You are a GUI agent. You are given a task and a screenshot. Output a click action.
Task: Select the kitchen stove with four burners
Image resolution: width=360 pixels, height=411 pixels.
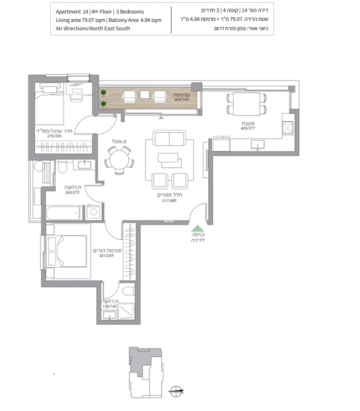point(288,128)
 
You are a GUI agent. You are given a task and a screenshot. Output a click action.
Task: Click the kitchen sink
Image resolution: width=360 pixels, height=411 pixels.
point(258,144)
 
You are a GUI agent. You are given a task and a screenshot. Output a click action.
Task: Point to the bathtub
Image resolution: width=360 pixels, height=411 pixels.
point(63,212)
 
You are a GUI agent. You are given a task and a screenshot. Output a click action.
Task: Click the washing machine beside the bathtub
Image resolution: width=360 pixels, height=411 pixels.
point(93,212)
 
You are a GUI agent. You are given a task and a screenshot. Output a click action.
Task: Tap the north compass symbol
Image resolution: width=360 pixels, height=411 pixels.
point(176,392)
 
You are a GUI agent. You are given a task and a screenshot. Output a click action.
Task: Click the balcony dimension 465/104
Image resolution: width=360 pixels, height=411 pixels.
point(181,100)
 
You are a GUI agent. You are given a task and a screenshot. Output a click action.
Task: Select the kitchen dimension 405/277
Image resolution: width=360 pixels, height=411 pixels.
point(248,128)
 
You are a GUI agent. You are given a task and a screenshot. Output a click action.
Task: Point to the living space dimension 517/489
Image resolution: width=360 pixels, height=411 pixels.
point(169,200)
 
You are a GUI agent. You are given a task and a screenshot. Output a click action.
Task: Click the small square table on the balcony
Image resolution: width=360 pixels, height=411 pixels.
point(144,95)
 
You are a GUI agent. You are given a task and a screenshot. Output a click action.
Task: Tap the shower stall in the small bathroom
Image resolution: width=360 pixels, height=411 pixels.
point(127,311)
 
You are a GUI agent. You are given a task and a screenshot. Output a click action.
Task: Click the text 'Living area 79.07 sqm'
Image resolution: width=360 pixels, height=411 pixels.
point(80,20)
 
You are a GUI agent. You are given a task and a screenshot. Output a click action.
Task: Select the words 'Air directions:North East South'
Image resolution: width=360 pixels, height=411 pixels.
point(93,28)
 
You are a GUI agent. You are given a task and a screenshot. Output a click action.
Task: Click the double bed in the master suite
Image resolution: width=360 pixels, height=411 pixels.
point(66,251)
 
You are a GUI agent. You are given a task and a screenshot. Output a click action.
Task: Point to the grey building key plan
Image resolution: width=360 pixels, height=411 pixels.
point(146,372)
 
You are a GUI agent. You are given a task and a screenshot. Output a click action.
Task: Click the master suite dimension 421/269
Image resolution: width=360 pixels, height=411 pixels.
point(106,256)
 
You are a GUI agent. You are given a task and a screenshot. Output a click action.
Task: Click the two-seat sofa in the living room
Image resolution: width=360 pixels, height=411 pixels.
point(169,138)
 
